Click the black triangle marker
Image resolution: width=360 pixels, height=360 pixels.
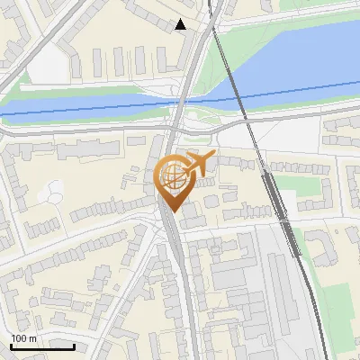[x=182, y=24]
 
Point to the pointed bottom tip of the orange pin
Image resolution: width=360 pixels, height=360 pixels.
[x=173, y=212]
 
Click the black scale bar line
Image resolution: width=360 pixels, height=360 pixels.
[x=42, y=346]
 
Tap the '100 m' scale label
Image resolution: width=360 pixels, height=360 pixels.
[x=25, y=338]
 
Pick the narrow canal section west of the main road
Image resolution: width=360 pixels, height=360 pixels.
[x=81, y=106]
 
